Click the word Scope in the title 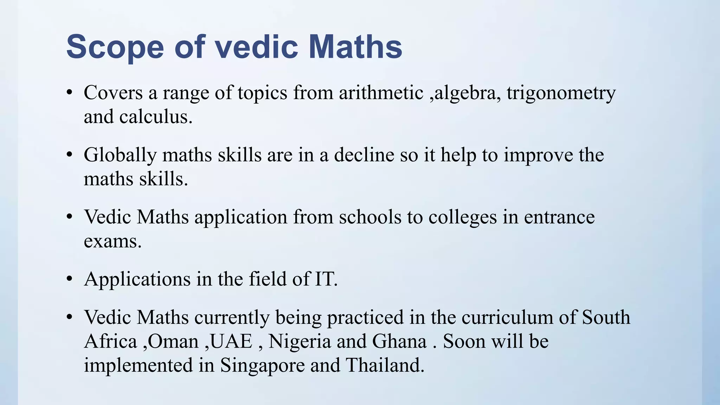pyautogui.click(x=115, y=47)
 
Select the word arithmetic pyautogui.click(x=381, y=93)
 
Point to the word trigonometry pyautogui.click(x=561, y=93)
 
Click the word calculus pyautogui.click(x=155, y=117)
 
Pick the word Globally pyautogui.click(x=120, y=155)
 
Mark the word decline pyautogui.click(x=364, y=155)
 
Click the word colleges pyautogui.click(x=463, y=217)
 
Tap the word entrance pyautogui.click(x=559, y=217)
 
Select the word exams pyautogui.click(x=112, y=242)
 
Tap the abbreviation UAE pyautogui.click(x=231, y=341)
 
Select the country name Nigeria pyautogui.click(x=300, y=341)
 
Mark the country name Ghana pyautogui.click(x=399, y=341)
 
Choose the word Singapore pyautogui.click(x=262, y=365)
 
